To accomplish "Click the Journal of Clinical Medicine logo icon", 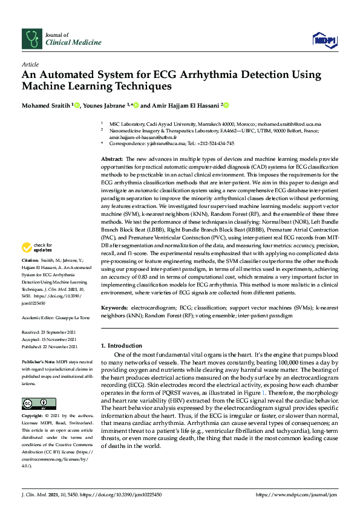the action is tap(31, 38).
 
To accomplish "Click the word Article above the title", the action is tap(30, 63).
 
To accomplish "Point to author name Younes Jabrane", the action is tap(104, 105).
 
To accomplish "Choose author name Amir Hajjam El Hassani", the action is tap(185, 105).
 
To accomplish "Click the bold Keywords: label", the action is tap(116, 308).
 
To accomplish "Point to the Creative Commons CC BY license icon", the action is tap(31, 403).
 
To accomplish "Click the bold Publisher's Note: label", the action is tap(39, 360).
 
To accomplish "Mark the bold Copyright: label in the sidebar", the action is tap(33, 417).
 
